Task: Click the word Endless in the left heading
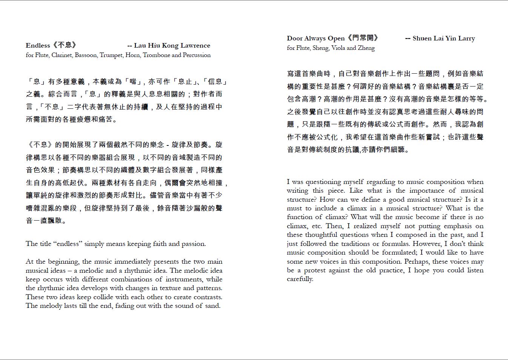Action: [x=38, y=46]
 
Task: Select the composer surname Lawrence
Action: [x=195, y=46]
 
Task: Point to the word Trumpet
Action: [x=112, y=55]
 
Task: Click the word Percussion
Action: [x=197, y=55]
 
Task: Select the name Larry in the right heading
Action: [x=466, y=39]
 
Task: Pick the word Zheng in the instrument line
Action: [x=366, y=48]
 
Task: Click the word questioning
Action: [x=324, y=182]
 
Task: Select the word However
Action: [x=427, y=244]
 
